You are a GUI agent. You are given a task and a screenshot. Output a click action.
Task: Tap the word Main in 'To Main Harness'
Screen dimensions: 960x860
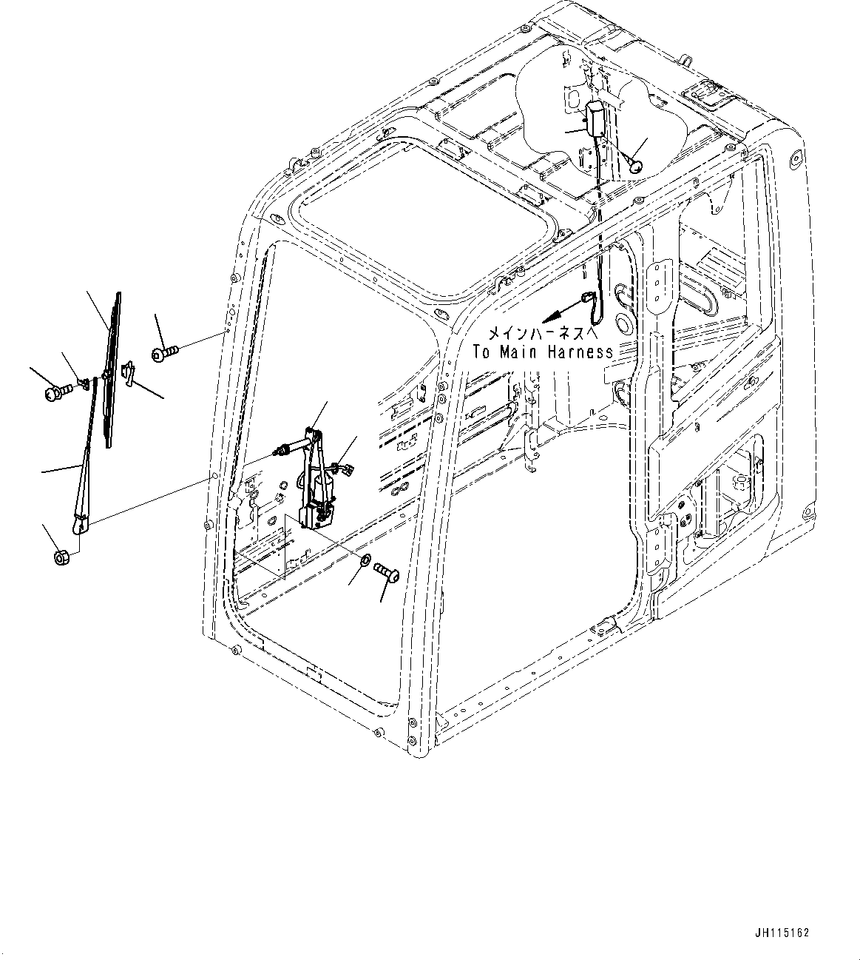[x=520, y=352]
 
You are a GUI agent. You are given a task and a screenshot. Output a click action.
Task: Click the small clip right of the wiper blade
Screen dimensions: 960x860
[x=129, y=374]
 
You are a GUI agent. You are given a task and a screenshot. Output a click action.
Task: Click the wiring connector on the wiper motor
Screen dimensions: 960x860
[x=343, y=468]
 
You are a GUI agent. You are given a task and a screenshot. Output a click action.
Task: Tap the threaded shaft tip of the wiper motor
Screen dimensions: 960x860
[x=282, y=449]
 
